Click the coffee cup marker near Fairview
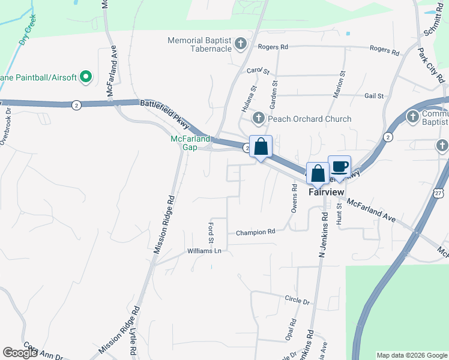click(339, 166)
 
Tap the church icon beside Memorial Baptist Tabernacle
click(241, 43)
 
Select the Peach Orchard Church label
click(309, 119)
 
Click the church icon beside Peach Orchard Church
click(258, 118)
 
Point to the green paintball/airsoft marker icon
click(85, 77)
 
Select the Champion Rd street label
click(255, 232)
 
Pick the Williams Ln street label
click(205, 251)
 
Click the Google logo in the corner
click(20, 353)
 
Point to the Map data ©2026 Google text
click(412, 355)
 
